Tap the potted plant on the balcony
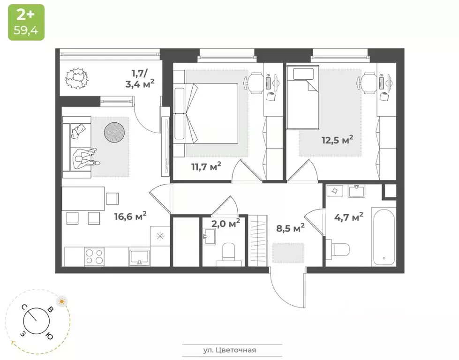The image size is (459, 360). [76, 78]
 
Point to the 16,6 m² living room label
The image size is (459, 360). [130, 216]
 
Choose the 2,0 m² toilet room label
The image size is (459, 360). [226, 223]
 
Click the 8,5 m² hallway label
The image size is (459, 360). [289, 228]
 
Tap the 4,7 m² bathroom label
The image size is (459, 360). [349, 217]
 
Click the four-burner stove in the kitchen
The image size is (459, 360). [95, 256]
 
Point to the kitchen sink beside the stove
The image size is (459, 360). [139, 257]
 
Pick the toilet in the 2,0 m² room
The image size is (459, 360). [228, 252]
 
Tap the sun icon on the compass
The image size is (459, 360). [61, 301]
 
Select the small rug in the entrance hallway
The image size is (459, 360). [288, 253]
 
